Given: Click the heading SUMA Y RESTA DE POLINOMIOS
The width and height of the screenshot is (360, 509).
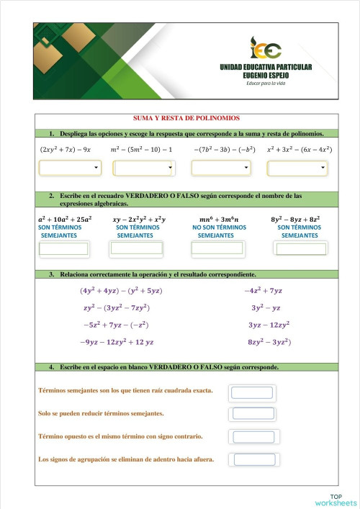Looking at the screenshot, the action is pos(186,118).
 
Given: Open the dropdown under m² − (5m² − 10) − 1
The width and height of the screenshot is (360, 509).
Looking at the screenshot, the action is pos(144,168).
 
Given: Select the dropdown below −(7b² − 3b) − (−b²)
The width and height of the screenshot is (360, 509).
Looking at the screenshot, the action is pos(221,168).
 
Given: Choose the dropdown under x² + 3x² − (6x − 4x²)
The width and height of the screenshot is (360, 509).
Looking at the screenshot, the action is pos(297,168).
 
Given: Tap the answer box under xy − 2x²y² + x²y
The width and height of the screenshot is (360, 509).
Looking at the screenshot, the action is pos(136,249).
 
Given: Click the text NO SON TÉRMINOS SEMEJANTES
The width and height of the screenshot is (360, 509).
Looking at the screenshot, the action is pos(216,231).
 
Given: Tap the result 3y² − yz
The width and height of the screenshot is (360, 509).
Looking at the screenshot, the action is pos(266,307).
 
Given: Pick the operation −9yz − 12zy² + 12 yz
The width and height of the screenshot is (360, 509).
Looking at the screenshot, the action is pos(117,342).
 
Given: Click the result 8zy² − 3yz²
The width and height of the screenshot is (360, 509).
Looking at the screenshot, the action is pos(269,342).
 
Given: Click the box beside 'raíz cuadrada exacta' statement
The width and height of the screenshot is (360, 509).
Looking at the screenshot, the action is pos(251,392).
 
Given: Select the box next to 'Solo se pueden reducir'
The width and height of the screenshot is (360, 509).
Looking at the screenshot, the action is pos(253,414).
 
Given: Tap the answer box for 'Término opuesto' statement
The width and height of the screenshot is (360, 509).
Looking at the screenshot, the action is pos(253,437).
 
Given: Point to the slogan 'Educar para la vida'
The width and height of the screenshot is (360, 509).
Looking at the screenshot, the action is pos(267,84).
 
